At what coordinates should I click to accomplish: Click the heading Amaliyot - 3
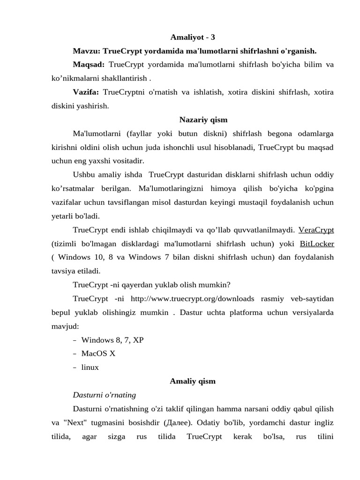(x=193, y=37)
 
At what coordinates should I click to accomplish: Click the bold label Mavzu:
(x=87, y=51)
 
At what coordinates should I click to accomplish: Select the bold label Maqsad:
(x=89, y=64)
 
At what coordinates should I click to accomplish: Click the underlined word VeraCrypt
(x=316, y=230)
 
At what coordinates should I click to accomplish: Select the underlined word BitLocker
(x=317, y=244)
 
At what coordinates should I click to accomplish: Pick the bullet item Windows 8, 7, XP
(x=112, y=340)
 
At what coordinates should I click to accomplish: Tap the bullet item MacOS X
(x=98, y=353)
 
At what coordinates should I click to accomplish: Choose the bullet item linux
(x=90, y=367)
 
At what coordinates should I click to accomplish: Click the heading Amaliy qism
(x=193, y=381)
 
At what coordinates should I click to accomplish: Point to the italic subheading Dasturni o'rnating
(x=105, y=395)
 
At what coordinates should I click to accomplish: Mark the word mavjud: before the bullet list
(x=65, y=326)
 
